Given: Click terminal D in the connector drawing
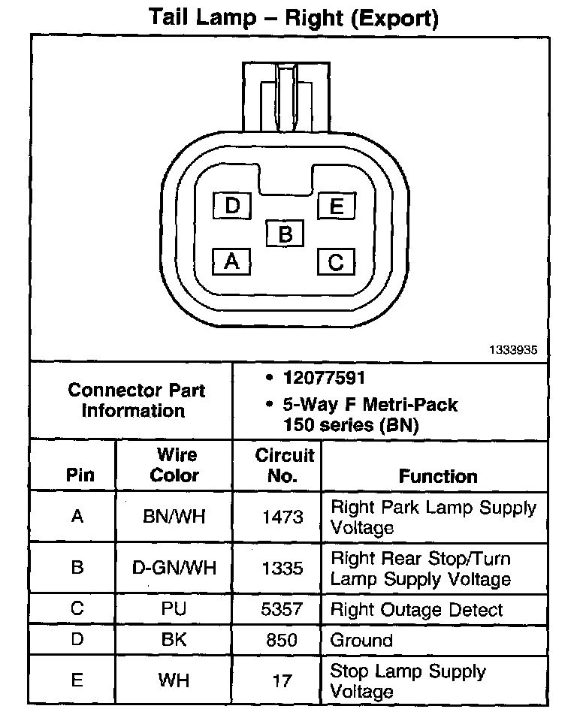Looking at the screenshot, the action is pyautogui.click(x=232, y=205).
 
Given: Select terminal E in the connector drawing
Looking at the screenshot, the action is pyautogui.click(x=336, y=206).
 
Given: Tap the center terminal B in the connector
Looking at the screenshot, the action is pyautogui.click(x=285, y=234).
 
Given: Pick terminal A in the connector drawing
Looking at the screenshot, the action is pyautogui.click(x=232, y=261).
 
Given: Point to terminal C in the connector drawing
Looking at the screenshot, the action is pyautogui.click(x=336, y=261).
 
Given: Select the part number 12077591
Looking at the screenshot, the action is pyautogui.click(x=324, y=379).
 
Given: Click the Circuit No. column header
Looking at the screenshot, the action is pyautogui.click(x=284, y=465).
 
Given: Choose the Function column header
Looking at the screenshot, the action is pyautogui.click(x=437, y=476).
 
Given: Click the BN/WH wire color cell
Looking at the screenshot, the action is pyautogui.click(x=174, y=517).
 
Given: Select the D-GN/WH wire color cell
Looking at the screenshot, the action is pyautogui.click(x=174, y=568).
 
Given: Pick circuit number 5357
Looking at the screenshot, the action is pyautogui.click(x=282, y=609).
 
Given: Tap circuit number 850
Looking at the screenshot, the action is pyautogui.click(x=282, y=641).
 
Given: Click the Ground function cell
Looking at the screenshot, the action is pyautogui.click(x=361, y=641).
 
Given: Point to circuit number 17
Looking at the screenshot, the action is pyautogui.click(x=282, y=680).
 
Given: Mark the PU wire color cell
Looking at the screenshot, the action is pyautogui.click(x=174, y=609).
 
